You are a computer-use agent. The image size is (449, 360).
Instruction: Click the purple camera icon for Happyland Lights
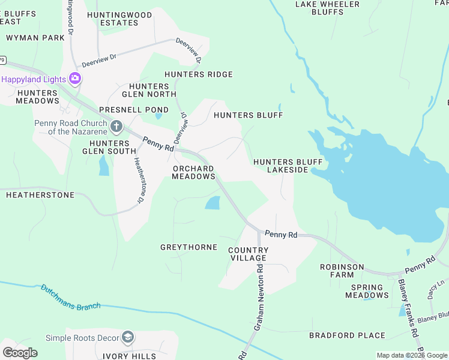75,79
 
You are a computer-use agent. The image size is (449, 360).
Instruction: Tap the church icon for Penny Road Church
116,127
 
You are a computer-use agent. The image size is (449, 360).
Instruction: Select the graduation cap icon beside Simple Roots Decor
127,337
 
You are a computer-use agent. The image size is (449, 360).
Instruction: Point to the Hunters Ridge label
199,74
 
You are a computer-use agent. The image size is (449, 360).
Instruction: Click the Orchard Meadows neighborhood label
193,173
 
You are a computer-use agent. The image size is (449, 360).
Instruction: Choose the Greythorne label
188,247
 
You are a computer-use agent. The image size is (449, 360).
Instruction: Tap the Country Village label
248,254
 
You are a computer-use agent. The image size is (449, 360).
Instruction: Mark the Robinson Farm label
342,271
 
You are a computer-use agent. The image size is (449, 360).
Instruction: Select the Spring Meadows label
367,291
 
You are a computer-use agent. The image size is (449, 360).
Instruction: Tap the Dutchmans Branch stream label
70,297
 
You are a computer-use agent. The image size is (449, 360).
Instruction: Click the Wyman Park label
35,38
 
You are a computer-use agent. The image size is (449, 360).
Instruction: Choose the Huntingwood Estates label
112,18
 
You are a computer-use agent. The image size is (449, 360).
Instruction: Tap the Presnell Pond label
125,110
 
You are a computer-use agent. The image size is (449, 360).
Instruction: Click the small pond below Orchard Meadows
212,203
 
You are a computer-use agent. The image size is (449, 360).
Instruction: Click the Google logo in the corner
20,352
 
